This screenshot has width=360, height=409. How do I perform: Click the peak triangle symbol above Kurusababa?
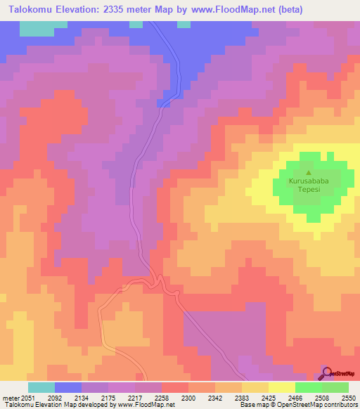pyautogui.click(x=308, y=171)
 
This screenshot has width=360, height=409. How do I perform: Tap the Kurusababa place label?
pyautogui.click(x=308, y=181)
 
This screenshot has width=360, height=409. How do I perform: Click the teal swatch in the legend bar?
pyautogui.click(x=41, y=387)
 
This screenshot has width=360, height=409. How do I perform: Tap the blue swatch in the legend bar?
pyautogui.click(x=68, y=387)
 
